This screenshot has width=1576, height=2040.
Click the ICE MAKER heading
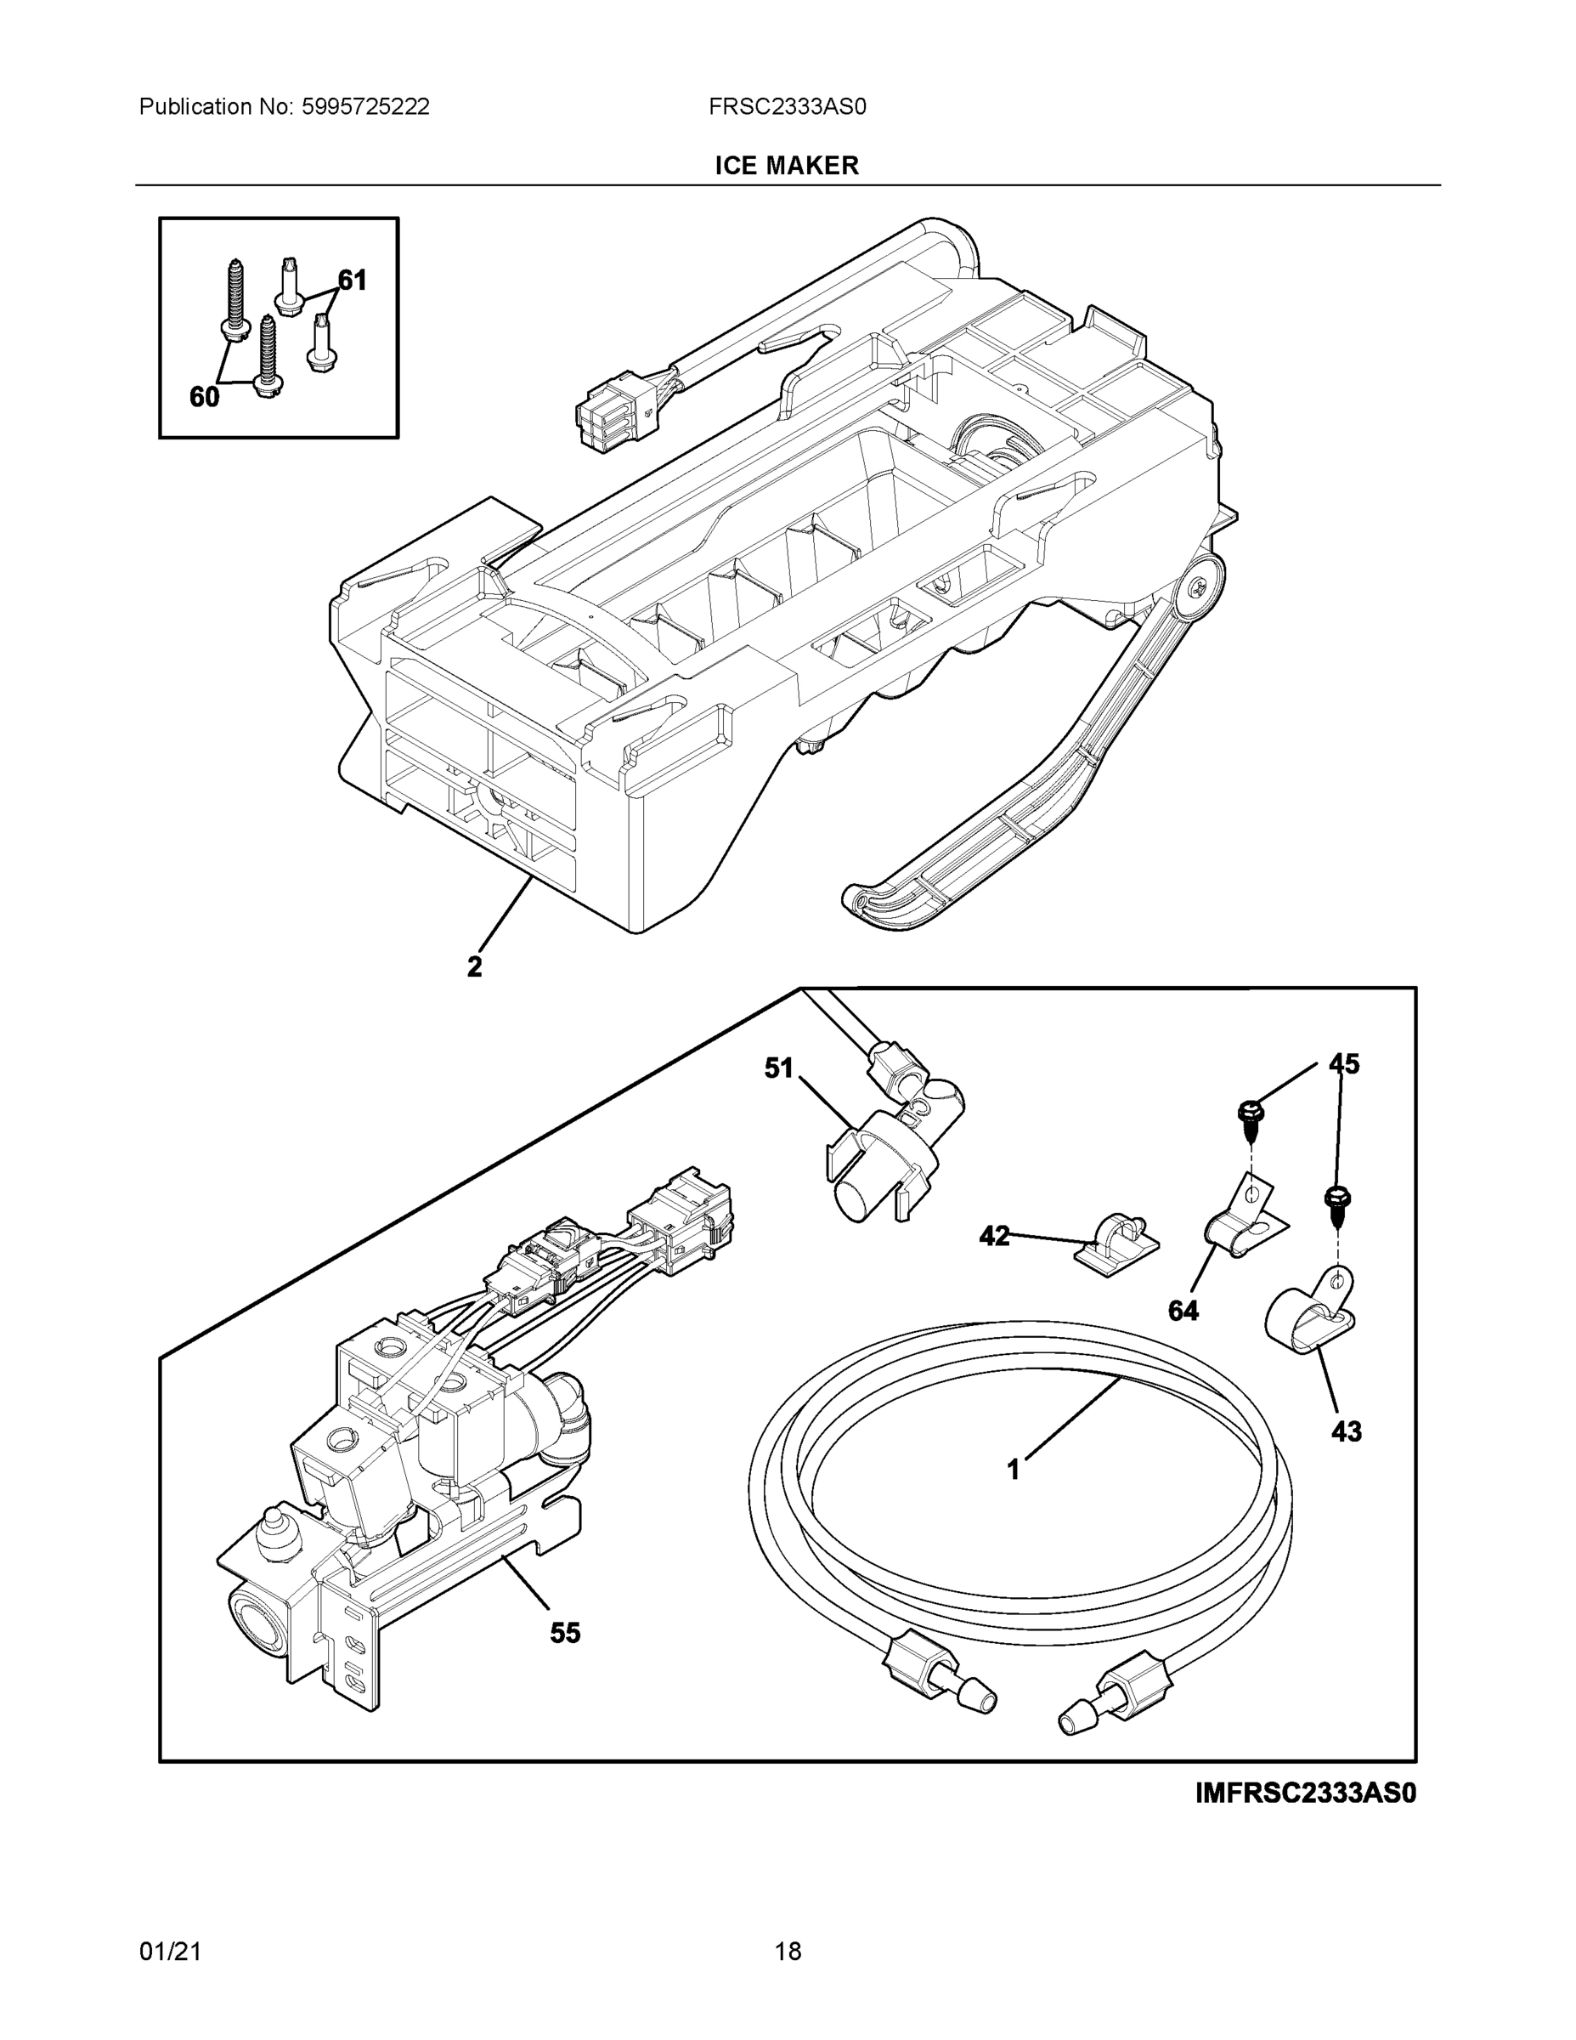[x=786, y=166]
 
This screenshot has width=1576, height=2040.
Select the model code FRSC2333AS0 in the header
[x=786, y=107]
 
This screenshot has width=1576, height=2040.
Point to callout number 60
[x=205, y=397]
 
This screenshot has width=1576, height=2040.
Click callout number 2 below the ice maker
[x=475, y=966]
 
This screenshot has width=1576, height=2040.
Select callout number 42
[x=994, y=1236]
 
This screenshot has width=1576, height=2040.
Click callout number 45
[x=1344, y=1064]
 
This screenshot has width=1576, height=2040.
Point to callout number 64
[x=1183, y=1311]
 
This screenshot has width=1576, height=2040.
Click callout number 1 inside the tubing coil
[x=1014, y=1470]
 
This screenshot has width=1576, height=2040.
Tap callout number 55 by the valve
[x=565, y=1633]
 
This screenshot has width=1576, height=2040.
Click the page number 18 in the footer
[x=787, y=1952]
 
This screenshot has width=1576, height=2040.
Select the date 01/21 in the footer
[x=170, y=1952]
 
